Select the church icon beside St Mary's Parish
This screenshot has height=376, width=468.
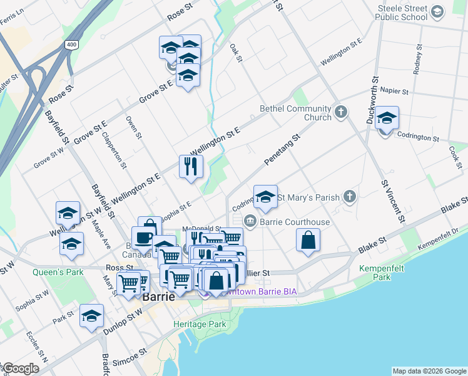[x=350, y=197]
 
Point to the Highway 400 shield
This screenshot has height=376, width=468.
[x=71, y=44]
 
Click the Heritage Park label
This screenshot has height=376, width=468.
[x=200, y=325]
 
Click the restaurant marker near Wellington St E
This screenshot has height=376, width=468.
[x=191, y=166]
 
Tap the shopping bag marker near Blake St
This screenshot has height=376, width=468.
[x=308, y=240]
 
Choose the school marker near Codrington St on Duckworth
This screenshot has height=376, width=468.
[x=387, y=118]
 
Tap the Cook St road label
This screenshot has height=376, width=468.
[x=455, y=156]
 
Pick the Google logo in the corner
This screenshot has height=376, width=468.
[x=21, y=368]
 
